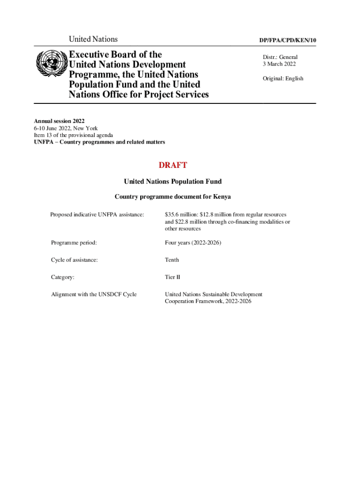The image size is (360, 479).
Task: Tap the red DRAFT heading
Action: pos(173,165)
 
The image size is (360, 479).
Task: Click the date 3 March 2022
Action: pos(279,64)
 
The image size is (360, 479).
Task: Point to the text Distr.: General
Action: pos(280,57)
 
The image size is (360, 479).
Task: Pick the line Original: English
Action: pos(283,79)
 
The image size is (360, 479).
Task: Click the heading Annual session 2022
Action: pos(59,121)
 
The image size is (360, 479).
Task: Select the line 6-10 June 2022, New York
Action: pos(65,128)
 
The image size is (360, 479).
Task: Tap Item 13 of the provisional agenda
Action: pos(73,135)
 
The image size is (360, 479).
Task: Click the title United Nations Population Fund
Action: pos(173,181)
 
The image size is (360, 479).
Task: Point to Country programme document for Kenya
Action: pos(173,197)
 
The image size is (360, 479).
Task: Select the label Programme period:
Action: pos(74,243)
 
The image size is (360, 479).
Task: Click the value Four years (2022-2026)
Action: pos(193,243)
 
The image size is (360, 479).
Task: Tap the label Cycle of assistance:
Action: pos(74,260)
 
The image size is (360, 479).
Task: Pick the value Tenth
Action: pos(172,260)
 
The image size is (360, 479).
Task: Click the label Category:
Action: pos(63,277)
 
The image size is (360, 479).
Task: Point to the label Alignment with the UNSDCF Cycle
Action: pos(94,295)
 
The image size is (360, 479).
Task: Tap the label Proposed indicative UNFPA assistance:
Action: pos(97,215)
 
